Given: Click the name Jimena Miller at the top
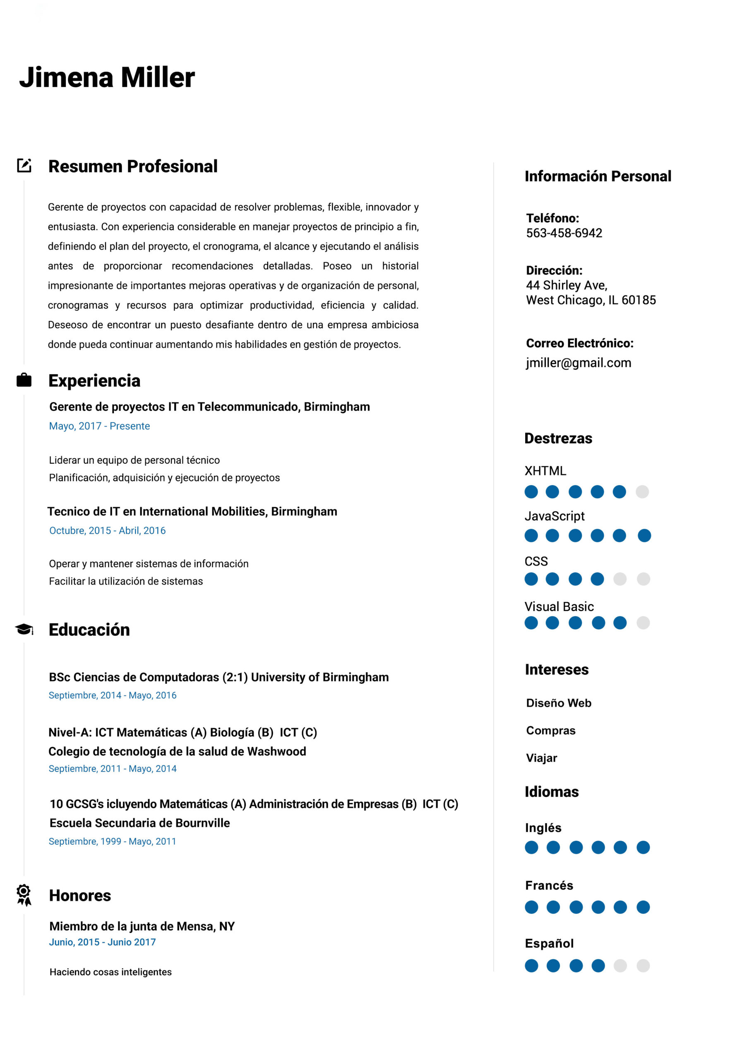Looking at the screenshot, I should [107, 77].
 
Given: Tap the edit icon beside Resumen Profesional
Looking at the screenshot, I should [24, 165].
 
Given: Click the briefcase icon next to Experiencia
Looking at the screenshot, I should [24, 380].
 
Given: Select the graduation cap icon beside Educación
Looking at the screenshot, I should [24, 629].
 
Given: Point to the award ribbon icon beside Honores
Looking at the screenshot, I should [24, 895].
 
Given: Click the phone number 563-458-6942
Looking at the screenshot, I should [564, 233].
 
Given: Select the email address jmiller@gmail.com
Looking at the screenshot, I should [578, 362].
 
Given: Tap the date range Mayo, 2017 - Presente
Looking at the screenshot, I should [99, 426].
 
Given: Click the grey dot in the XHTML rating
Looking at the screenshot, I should [642, 492].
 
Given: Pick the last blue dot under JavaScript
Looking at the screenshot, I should [644, 535].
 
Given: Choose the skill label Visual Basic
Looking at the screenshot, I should [559, 606].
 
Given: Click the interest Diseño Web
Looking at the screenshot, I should [558, 703].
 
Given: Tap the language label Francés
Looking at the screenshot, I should [549, 885].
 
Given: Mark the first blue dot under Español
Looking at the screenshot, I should [531, 966].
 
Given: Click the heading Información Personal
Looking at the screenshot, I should [598, 176].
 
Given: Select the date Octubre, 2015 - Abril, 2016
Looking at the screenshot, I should [107, 530].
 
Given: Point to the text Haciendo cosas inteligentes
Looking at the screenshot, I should [110, 972].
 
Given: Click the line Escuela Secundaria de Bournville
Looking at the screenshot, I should [139, 823].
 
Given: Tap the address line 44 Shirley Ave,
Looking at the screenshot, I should [566, 285].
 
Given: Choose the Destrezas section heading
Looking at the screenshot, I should [558, 438].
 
